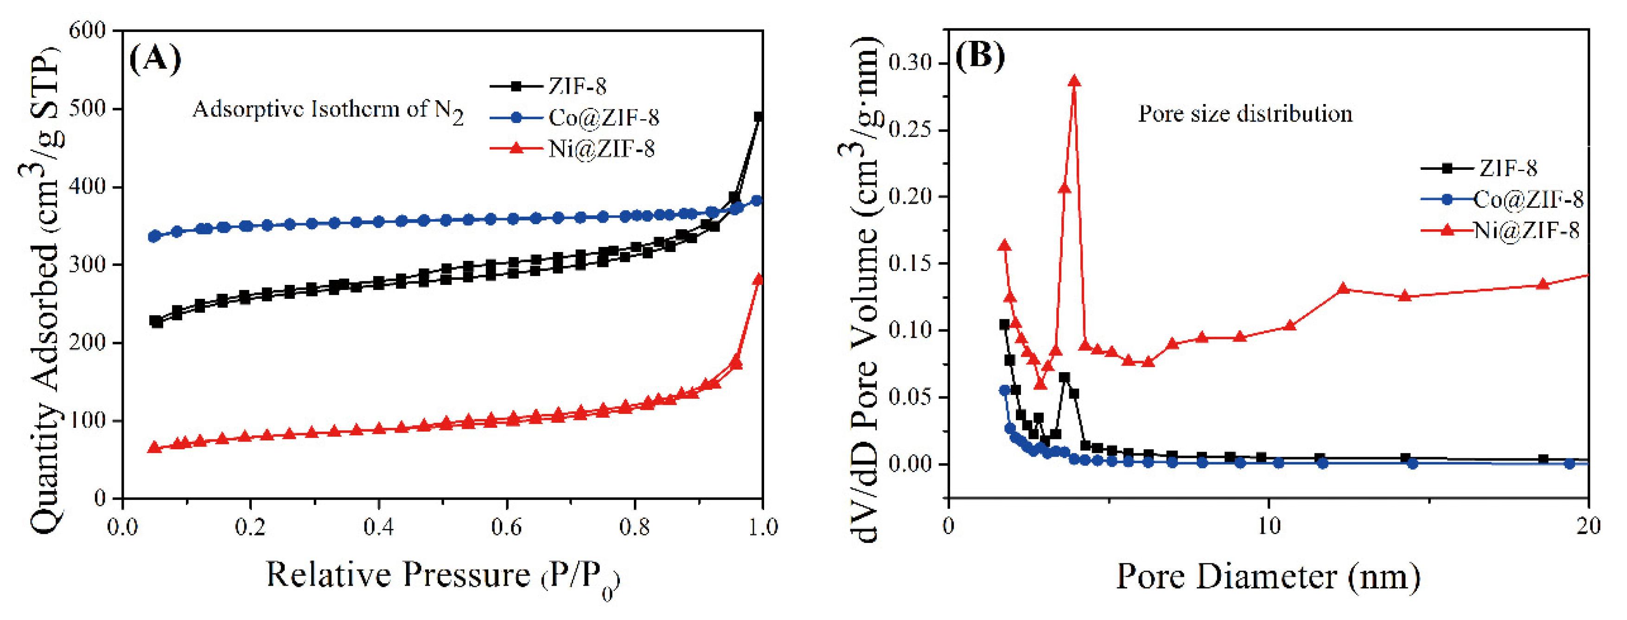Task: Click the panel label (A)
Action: pyautogui.click(x=155, y=59)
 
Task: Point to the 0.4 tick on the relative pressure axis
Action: pyautogui.click(x=378, y=526)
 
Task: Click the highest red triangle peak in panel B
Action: pyautogui.click(x=1074, y=81)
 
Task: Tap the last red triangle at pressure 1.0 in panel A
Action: pyautogui.click(x=759, y=279)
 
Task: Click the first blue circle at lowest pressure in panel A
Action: pyautogui.click(x=153, y=236)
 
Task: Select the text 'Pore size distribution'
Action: pyautogui.click(x=1245, y=114)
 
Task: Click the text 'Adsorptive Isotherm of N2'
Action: pyautogui.click(x=327, y=110)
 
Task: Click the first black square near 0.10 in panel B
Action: pyautogui.click(x=1004, y=325)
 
